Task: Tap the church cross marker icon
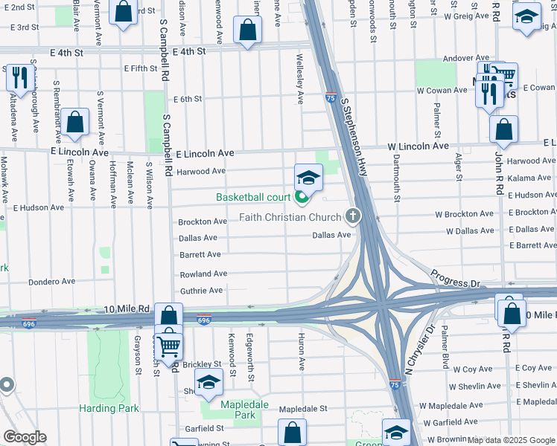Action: [353, 217]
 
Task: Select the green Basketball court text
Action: [252, 197]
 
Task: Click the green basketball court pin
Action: [302, 197]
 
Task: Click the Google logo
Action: [25, 437]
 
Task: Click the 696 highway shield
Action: [203, 320]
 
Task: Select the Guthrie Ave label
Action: [201, 291]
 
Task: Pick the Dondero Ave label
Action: [52, 282]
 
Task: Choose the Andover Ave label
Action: [465, 57]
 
